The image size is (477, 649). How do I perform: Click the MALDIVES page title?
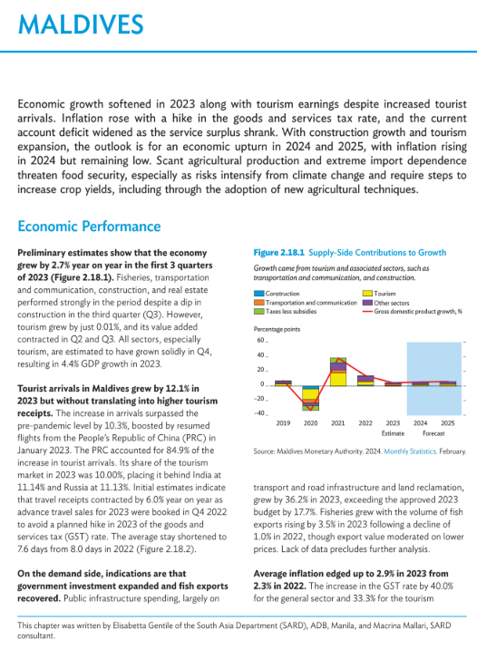pos(81,24)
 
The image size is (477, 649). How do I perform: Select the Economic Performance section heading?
pos(89,227)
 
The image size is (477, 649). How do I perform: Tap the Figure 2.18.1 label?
pos(278,253)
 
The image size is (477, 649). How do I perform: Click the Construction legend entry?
pos(277,294)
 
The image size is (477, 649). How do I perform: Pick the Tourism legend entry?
pos(379,294)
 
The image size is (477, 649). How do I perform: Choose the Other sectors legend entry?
pos(386,303)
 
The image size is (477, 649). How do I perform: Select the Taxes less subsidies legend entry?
pos(286,311)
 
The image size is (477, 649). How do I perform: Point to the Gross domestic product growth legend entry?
pos(413,311)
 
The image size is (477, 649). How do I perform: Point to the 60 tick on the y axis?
pos(260,340)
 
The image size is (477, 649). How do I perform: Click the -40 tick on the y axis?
pos(259,413)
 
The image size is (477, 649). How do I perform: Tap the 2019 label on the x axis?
pos(283,423)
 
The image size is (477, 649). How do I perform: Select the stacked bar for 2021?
pos(338,372)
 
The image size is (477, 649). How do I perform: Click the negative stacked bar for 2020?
pos(310,398)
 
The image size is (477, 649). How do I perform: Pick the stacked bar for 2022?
pos(365,381)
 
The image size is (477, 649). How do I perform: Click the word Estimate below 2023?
pos(393,433)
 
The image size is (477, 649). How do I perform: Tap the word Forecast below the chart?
pos(433,433)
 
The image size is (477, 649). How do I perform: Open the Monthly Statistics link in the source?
pos(410,451)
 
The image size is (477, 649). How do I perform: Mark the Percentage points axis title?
pos(277,329)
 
